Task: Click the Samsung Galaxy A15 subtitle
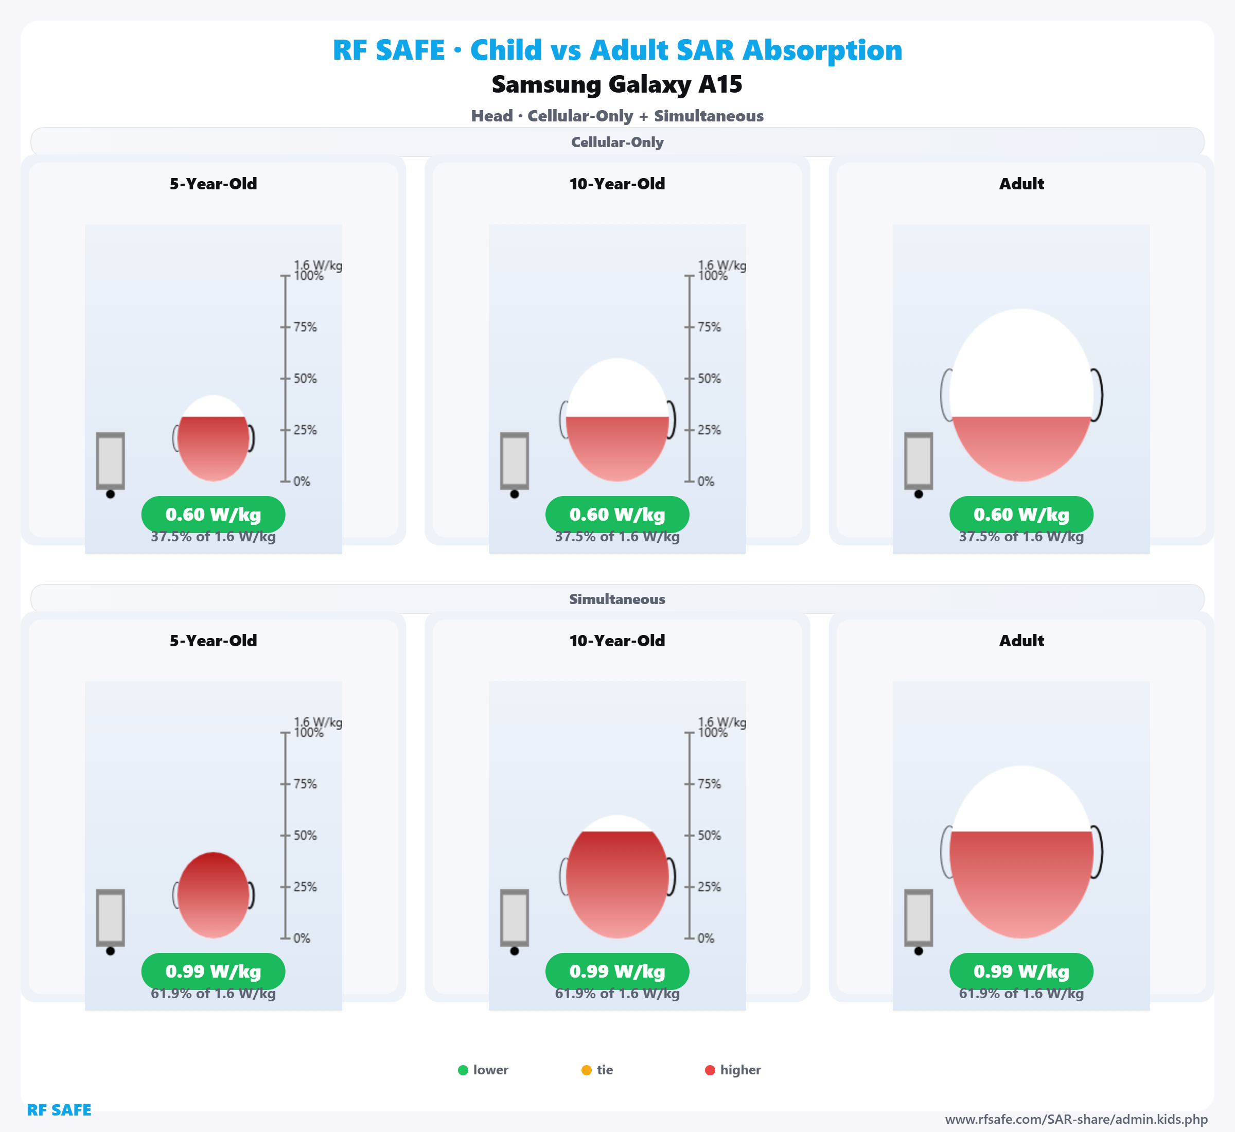617,84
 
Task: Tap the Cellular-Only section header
617,142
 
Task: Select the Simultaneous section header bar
617,599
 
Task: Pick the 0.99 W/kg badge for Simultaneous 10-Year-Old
617,971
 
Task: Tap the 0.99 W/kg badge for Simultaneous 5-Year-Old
213,971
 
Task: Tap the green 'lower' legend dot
463,1070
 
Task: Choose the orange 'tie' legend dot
586,1070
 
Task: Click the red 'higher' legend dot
710,1070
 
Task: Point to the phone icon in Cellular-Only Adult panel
919,461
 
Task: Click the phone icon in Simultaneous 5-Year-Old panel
110,918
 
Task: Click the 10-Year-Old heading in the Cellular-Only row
617,184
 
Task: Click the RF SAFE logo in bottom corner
59,1110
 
